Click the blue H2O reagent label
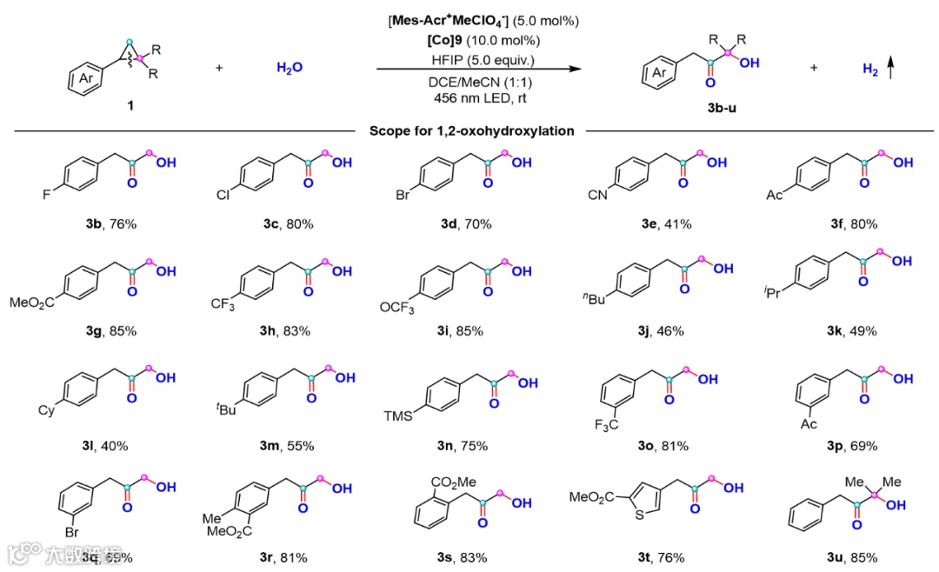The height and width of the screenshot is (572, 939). click(290, 68)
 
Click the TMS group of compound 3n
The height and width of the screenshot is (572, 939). click(398, 415)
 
